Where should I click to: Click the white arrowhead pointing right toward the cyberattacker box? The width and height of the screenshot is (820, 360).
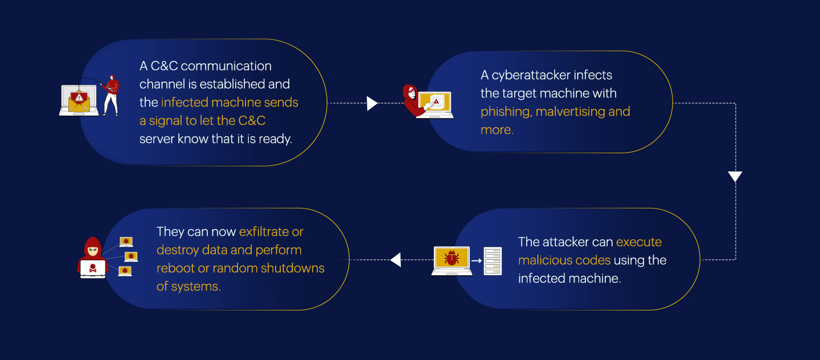(x=372, y=103)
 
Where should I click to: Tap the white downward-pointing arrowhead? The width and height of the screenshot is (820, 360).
(x=735, y=177)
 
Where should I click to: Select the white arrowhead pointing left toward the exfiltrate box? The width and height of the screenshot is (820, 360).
(x=396, y=260)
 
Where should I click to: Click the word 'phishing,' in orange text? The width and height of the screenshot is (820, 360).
(x=506, y=111)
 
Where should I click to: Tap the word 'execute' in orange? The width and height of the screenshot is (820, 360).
(x=639, y=242)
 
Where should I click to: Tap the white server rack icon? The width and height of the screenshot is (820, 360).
(x=493, y=261)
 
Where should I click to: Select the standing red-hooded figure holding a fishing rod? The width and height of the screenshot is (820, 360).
(x=111, y=94)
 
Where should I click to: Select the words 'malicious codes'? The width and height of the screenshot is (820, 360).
(x=564, y=260)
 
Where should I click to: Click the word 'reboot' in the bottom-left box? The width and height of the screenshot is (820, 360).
(x=175, y=268)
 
